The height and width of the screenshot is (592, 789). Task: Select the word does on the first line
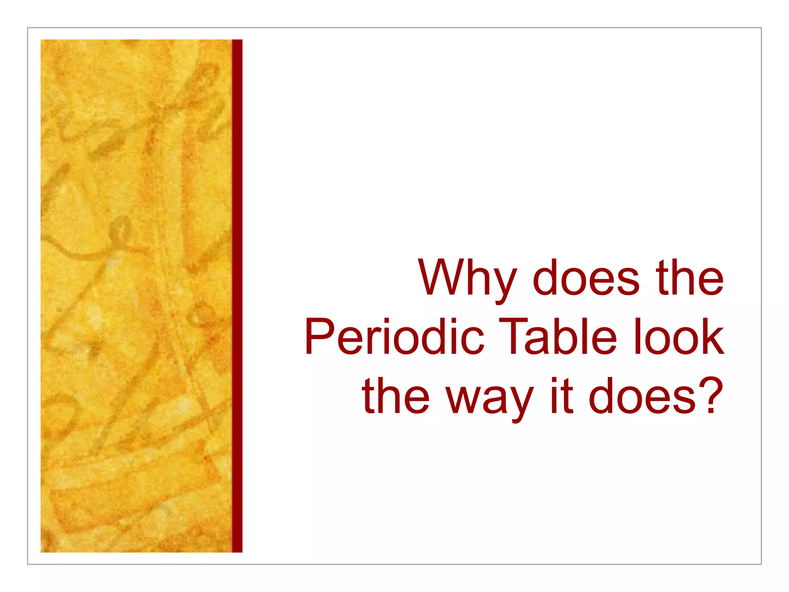(586, 278)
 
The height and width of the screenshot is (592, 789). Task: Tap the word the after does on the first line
(689, 278)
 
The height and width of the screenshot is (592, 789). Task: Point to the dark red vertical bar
(237, 296)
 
